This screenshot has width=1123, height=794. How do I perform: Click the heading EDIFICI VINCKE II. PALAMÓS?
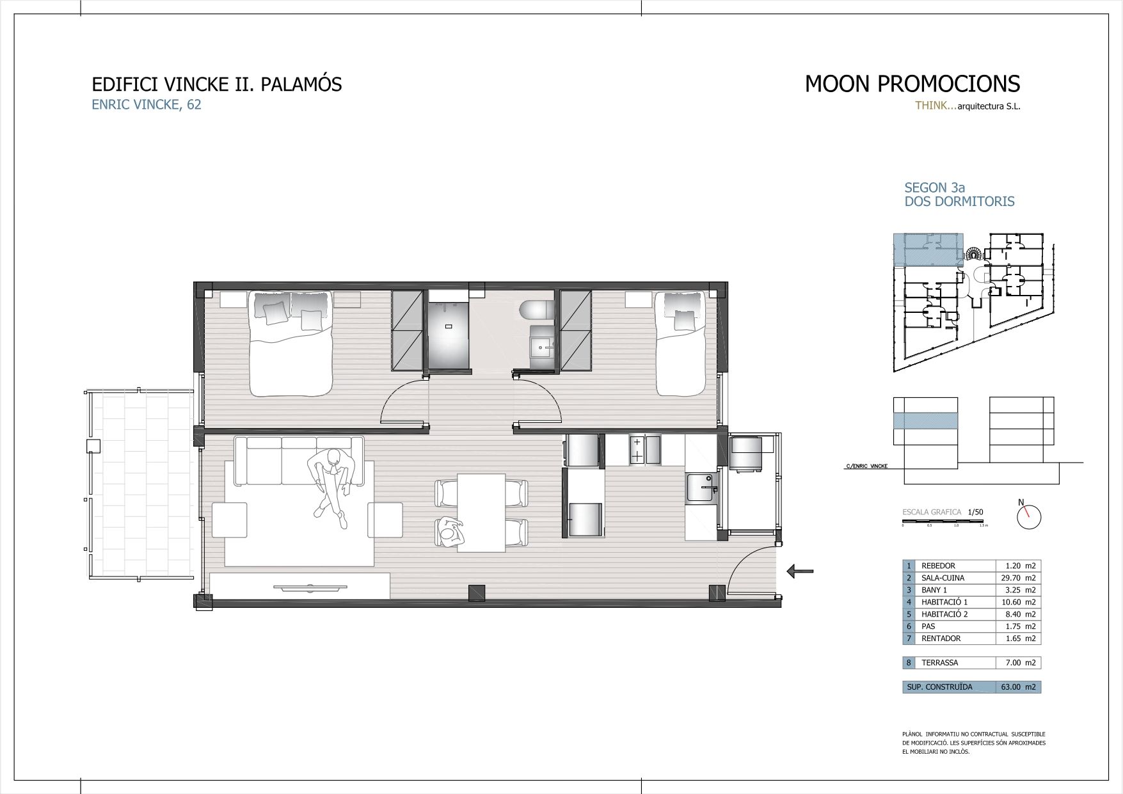point(217,84)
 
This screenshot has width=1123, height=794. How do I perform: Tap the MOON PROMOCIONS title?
point(912,84)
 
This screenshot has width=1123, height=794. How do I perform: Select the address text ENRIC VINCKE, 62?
point(147,105)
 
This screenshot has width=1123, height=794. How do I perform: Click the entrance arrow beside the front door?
point(800,571)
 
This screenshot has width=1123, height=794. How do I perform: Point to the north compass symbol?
point(1029,516)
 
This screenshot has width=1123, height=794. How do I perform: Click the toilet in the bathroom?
point(537,310)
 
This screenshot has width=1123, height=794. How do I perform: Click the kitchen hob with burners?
point(637,449)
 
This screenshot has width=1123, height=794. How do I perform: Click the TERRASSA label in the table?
point(939,663)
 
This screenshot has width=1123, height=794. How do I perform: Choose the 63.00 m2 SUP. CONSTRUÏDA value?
point(1017,687)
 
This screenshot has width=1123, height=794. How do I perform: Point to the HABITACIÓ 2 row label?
point(944,614)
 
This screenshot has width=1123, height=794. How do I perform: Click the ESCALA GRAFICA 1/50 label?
point(942,512)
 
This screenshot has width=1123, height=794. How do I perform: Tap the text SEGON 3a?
point(934,187)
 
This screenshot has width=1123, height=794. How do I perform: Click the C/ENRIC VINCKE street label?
point(866,466)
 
